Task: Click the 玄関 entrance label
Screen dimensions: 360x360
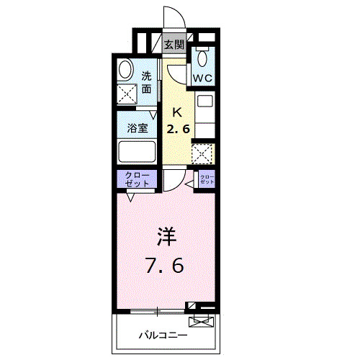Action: pos(174,45)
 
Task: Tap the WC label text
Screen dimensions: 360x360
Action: pos(201,76)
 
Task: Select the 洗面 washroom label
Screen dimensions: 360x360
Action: pos(146,83)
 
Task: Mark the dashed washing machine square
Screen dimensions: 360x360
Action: pos(128,93)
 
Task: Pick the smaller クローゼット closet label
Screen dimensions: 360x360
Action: pos(207,179)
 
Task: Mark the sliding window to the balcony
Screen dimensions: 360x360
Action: pos(155,311)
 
